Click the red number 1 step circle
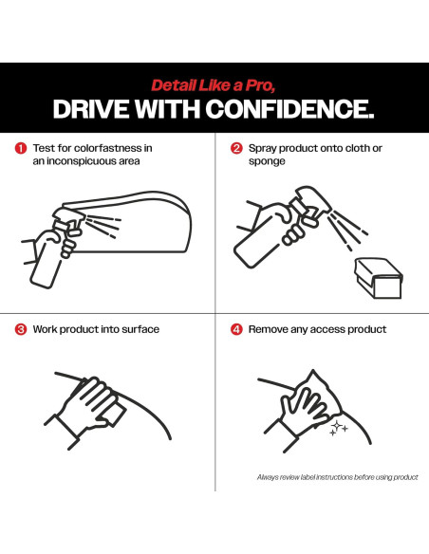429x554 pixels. (21, 148)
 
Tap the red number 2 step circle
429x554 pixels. (236, 148)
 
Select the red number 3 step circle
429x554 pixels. (21, 329)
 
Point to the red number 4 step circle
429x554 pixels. (236, 329)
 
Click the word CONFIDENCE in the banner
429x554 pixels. (289, 108)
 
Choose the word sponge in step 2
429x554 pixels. (267, 162)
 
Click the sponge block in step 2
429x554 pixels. (378, 278)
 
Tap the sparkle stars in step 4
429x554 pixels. (338, 428)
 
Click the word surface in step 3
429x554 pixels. (140, 329)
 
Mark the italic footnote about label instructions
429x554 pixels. (338, 477)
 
